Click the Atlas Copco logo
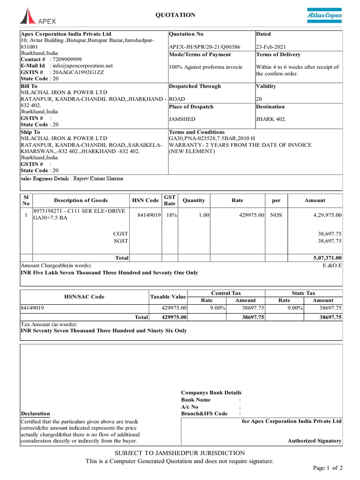(324, 16)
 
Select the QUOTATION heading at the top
(175, 15)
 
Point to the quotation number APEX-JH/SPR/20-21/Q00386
(204, 47)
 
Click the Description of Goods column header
(81, 200)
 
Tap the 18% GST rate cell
(170, 215)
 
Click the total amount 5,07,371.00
(327, 258)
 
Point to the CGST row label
(121, 233)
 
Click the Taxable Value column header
(168, 297)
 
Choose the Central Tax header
(226, 293)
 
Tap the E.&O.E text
(332, 265)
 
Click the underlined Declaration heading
(36, 413)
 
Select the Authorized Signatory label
(315, 441)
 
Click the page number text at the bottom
(328, 468)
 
